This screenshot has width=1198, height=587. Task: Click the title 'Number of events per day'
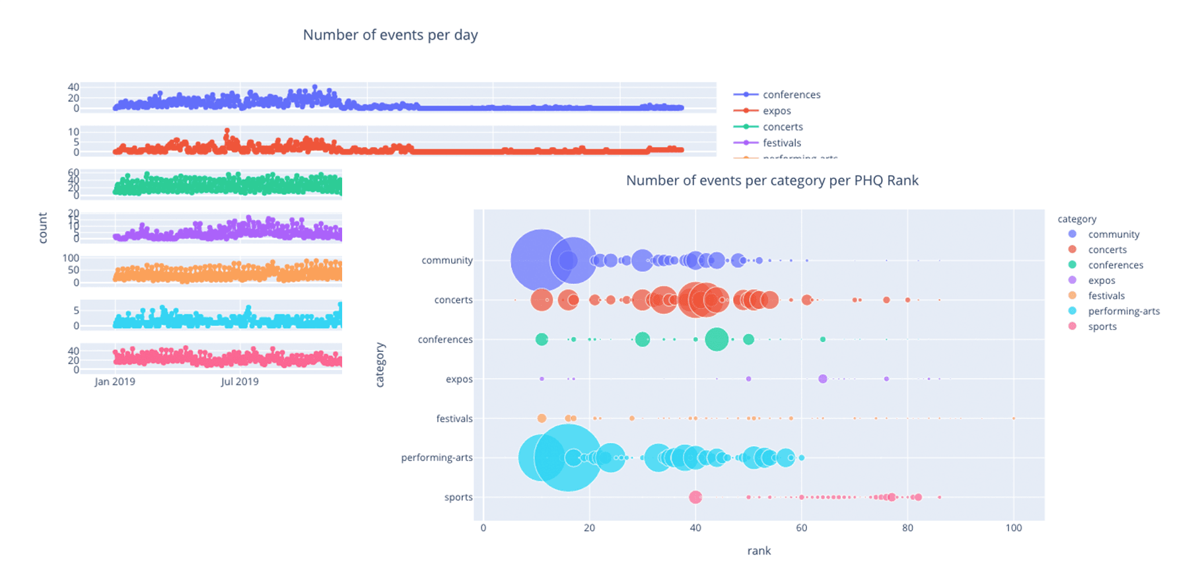390,35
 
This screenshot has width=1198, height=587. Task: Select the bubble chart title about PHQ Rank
772,180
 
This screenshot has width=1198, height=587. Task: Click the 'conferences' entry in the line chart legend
791,94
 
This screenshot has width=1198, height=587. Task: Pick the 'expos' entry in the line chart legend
777,111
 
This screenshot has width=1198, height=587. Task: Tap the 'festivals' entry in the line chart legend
782,143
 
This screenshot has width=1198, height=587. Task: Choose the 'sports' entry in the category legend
1102,326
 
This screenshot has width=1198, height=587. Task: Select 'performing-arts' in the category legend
1123,311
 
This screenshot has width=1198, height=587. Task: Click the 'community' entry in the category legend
1113,234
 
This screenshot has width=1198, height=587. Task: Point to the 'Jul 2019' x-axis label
240,382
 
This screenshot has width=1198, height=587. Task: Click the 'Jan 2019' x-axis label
115,382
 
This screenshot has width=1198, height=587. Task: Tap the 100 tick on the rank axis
1013,528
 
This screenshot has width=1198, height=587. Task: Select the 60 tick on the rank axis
801,528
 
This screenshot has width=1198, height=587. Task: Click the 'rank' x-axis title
759,551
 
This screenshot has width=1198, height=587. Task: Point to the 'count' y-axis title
44,228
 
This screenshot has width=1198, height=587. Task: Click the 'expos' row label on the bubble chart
459,379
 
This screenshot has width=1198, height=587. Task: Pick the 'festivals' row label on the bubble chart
454,419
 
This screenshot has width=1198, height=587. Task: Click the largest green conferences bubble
717,339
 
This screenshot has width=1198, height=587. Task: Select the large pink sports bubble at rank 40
695,497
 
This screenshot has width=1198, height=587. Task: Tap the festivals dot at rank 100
1013,418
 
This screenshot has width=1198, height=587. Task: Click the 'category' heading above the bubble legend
1076,219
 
